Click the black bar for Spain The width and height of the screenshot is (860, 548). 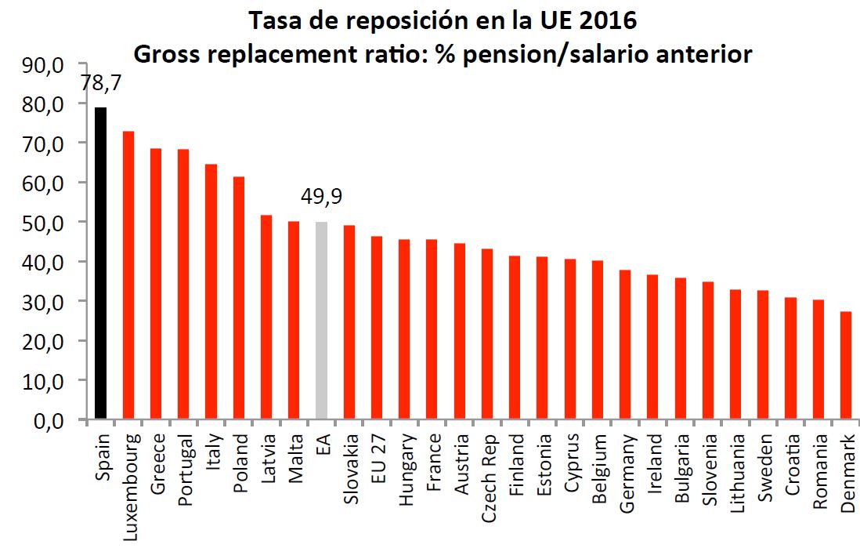[x=100, y=263]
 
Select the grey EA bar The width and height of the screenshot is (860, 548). [x=321, y=321]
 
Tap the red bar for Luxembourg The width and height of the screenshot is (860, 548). [x=128, y=275]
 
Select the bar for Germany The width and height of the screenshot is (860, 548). [x=625, y=345]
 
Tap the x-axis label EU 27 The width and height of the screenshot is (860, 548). [x=377, y=459]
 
